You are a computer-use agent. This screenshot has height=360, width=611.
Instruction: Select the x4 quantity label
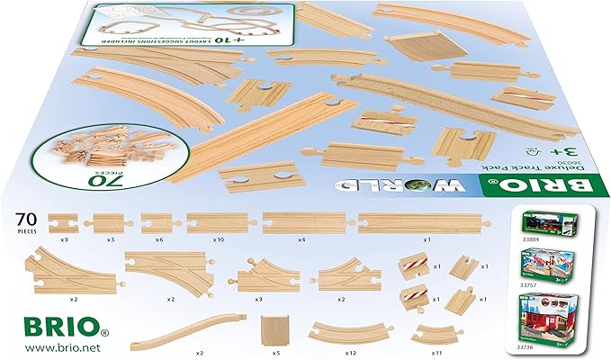coord(301,240)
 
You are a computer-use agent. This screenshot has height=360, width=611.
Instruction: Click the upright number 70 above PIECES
coord(28,217)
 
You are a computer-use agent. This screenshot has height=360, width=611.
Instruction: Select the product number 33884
coord(526,240)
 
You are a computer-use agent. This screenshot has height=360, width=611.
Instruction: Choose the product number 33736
coord(526,346)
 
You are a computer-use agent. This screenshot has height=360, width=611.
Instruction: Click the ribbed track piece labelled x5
coord(274,328)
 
